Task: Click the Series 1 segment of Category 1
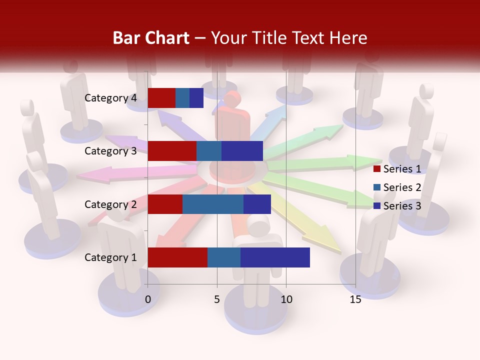(177, 257)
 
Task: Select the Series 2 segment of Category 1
(224, 257)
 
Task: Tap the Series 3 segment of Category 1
(275, 257)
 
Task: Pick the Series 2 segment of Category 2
(213, 204)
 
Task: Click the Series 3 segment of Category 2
(257, 204)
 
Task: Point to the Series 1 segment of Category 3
(172, 151)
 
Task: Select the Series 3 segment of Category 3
(242, 151)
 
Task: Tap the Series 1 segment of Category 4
(161, 98)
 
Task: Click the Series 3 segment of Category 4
(196, 98)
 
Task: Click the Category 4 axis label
(110, 98)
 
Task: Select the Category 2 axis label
(110, 204)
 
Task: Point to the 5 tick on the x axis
(217, 299)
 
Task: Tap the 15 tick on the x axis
(355, 299)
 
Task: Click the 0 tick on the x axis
(148, 299)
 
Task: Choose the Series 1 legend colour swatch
(377, 169)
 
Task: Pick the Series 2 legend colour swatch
(377, 187)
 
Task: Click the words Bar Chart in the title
(151, 38)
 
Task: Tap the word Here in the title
(348, 38)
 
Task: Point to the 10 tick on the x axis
(286, 299)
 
